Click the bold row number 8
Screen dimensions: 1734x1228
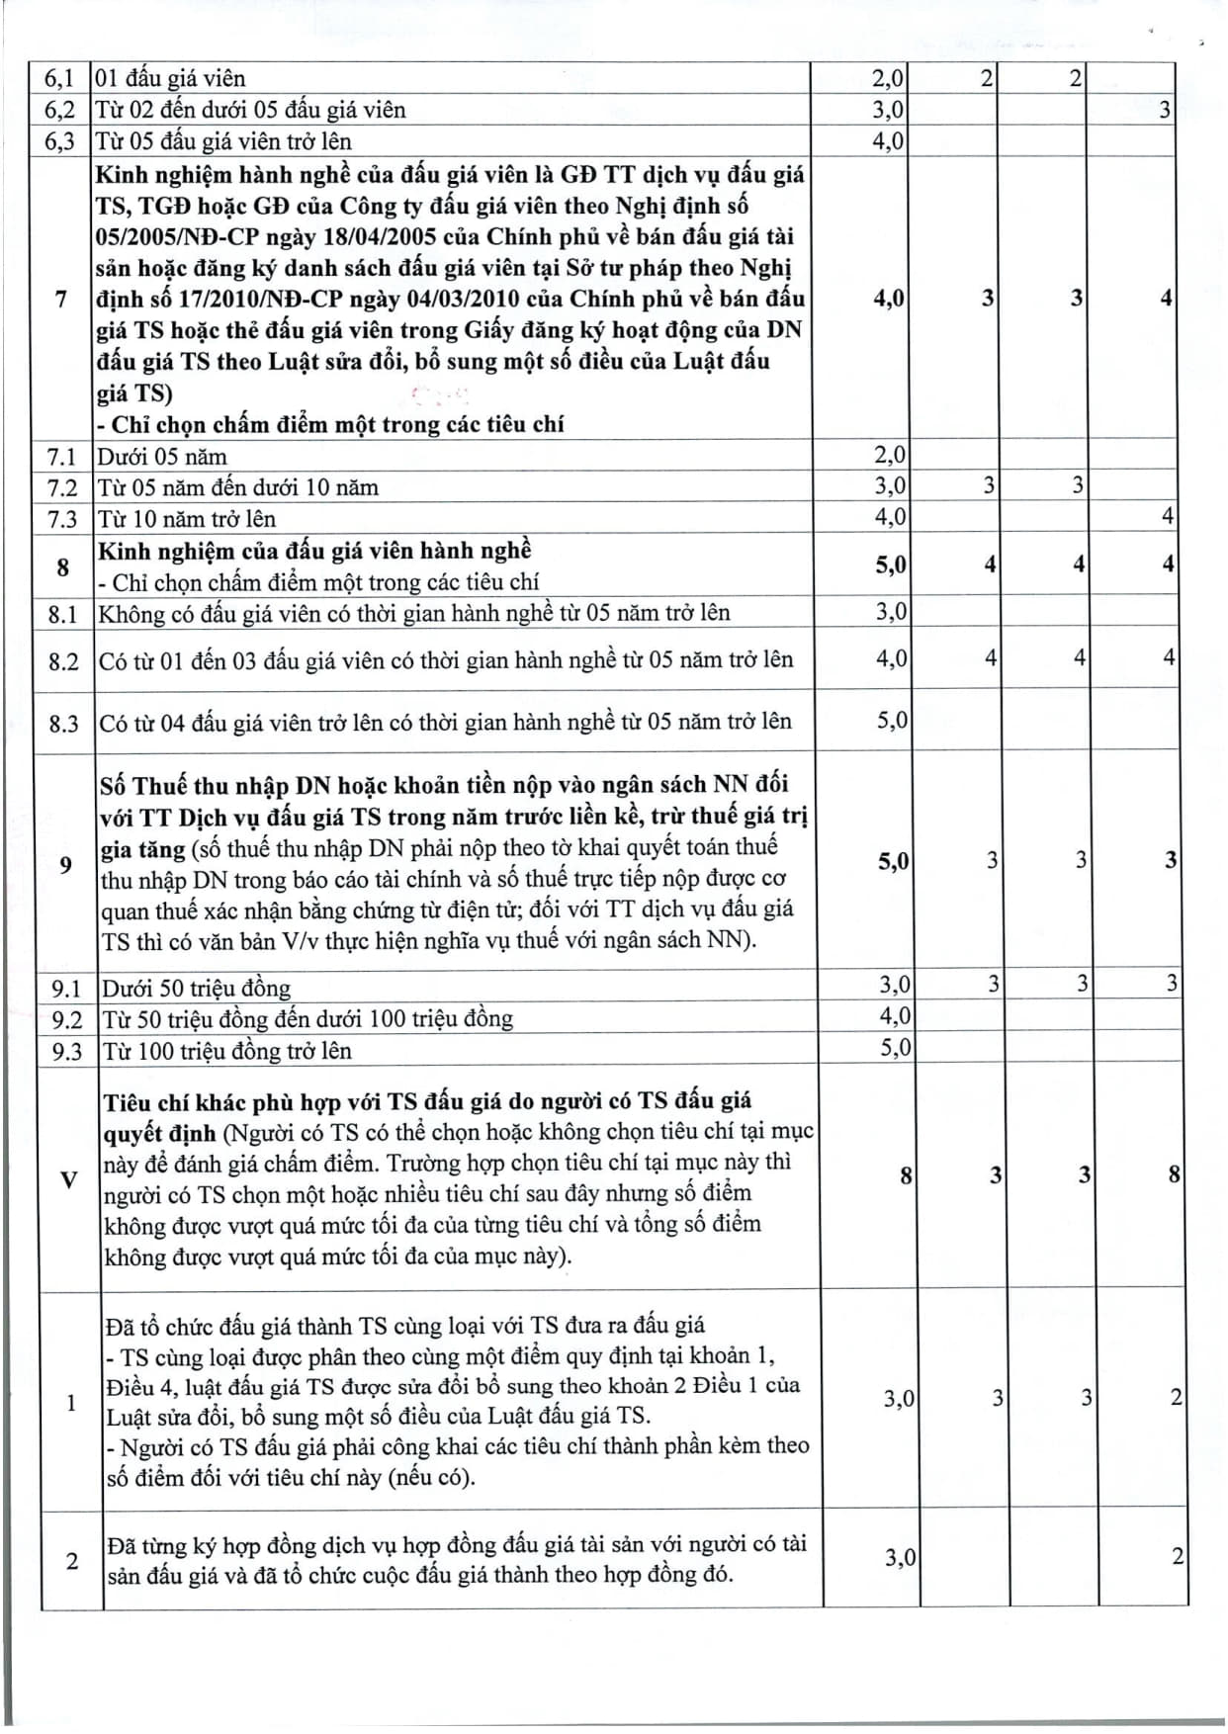[x=63, y=566]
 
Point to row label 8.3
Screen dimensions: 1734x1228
[x=63, y=724]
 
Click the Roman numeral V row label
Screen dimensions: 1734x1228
[x=68, y=1179]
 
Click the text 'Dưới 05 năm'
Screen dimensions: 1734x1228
[x=162, y=457]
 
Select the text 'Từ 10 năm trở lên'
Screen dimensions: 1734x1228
[x=187, y=519]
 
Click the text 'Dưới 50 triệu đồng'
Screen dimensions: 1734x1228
[x=197, y=989]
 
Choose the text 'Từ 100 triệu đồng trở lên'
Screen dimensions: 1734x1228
[x=227, y=1051]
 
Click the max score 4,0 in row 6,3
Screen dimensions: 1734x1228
[x=888, y=141]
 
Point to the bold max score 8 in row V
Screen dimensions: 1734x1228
[x=905, y=1175]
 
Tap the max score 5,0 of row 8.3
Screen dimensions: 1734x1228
[x=892, y=720]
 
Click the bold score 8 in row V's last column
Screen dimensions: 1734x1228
[x=1174, y=1174]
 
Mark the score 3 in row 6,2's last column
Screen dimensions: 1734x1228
[x=1165, y=110]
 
